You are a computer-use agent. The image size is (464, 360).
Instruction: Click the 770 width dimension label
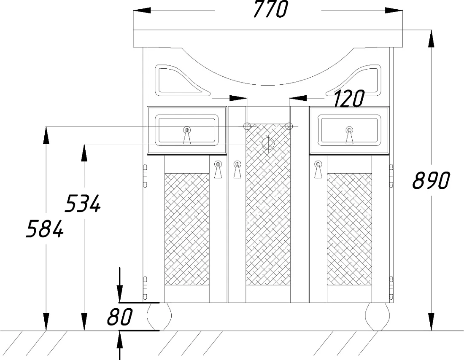pos(270,9)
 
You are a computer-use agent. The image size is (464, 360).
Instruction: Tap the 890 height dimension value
pos(431,180)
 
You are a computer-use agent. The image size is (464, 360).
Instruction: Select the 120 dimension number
pos(349,99)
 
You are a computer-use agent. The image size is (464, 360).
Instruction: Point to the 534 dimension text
pos(83,203)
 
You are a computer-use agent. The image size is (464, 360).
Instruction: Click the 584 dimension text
pos(45,228)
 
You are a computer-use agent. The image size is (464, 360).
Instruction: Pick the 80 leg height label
pos(119,317)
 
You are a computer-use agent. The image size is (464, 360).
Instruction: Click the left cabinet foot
pos(159,316)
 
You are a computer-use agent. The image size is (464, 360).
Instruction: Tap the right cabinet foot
pos(377,316)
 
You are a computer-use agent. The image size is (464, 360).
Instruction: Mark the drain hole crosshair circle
pos(268,144)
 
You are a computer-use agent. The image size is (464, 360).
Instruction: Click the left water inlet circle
pos(247,126)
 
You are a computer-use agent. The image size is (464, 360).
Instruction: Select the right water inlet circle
pos(289,126)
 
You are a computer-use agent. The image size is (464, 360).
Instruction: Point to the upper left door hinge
pos(145,176)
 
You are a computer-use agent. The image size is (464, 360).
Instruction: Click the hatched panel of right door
pos(349,229)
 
